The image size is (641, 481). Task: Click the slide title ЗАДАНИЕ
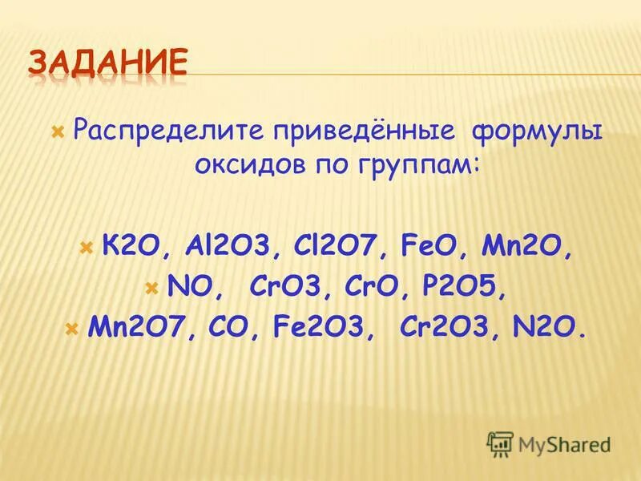[110, 63]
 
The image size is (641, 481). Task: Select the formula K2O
[130, 246]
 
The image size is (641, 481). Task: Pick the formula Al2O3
[222, 246]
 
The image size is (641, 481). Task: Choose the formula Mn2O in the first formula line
[523, 246]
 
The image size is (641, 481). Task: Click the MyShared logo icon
[501, 443]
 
